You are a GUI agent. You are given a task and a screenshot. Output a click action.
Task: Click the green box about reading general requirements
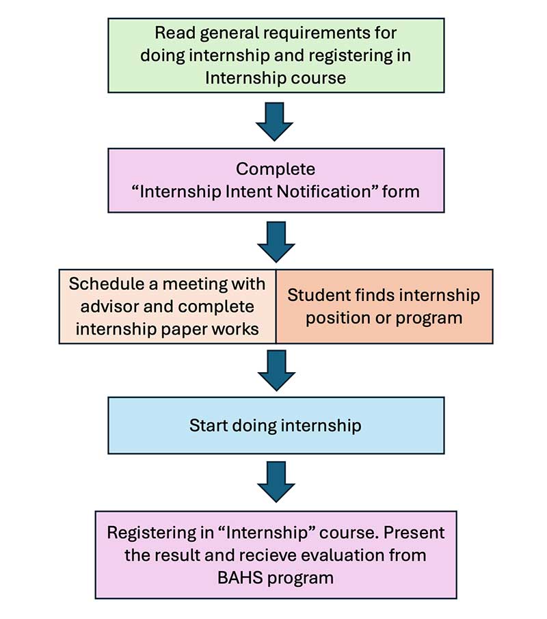[276, 55]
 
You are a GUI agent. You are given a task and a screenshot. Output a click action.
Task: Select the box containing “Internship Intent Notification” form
[276, 180]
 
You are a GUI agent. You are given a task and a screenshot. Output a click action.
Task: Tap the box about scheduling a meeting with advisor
[168, 306]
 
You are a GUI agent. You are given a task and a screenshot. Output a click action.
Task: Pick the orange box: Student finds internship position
[384, 306]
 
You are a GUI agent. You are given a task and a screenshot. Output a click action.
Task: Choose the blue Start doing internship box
[276, 425]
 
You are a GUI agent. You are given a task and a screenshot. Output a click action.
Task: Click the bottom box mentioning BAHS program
[276, 554]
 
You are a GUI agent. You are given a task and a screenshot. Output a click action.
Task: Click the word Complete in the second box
[275, 169]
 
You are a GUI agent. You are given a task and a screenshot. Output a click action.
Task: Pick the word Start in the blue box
[209, 425]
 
